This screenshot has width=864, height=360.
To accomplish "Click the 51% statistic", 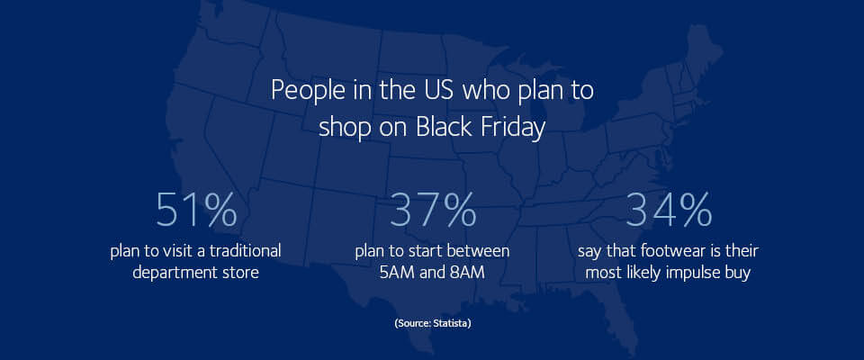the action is [x=196, y=210].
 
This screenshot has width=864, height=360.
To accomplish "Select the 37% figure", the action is [x=433, y=210].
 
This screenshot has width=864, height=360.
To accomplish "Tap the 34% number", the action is [x=669, y=210].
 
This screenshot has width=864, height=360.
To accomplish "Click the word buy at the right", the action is [x=742, y=274].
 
